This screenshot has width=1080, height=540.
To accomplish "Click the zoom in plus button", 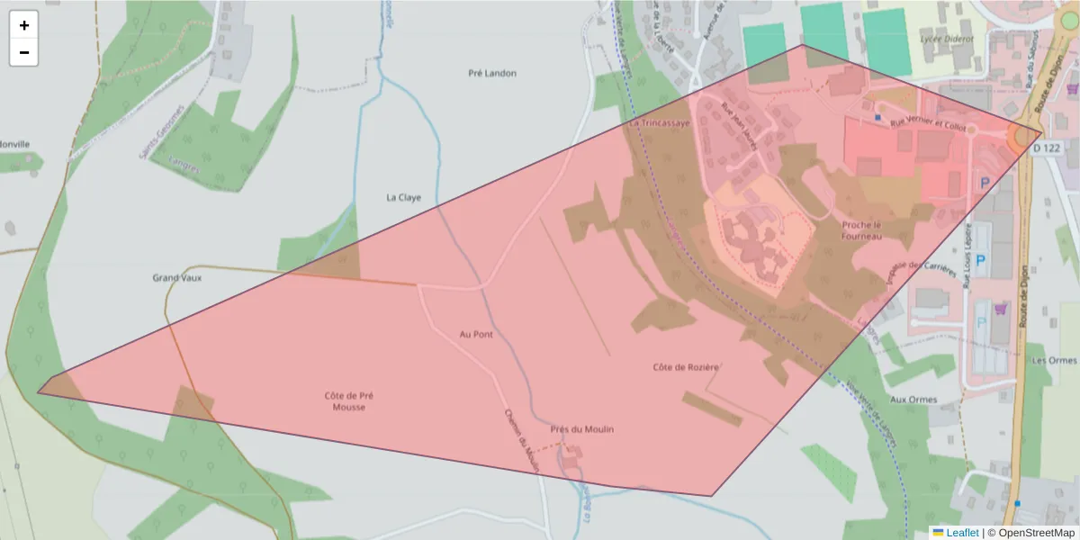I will pos(23,25).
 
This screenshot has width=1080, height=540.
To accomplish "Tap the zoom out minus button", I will pos(23,52).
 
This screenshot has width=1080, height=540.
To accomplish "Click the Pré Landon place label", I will pos(492,73).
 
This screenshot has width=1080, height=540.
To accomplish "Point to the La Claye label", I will pos(403,197).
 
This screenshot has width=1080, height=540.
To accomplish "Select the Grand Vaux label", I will pos(177,278).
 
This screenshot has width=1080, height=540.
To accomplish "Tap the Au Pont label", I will pos(476,335).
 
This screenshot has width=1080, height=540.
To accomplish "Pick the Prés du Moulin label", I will pos(582,429).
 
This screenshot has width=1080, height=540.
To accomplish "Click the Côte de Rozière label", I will pos(686,367).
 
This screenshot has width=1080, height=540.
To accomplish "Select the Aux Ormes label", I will pos(913,400).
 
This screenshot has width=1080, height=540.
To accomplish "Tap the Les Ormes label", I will pos(1055,360).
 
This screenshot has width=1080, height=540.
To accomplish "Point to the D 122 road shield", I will pos(1048,147).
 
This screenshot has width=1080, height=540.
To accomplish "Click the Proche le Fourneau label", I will pos(861,230).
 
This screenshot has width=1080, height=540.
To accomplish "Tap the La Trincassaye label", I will pos(660,122).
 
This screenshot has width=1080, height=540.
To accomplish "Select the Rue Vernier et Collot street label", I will pos(927,124).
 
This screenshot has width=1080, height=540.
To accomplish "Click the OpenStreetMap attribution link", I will pos(1030,533).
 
